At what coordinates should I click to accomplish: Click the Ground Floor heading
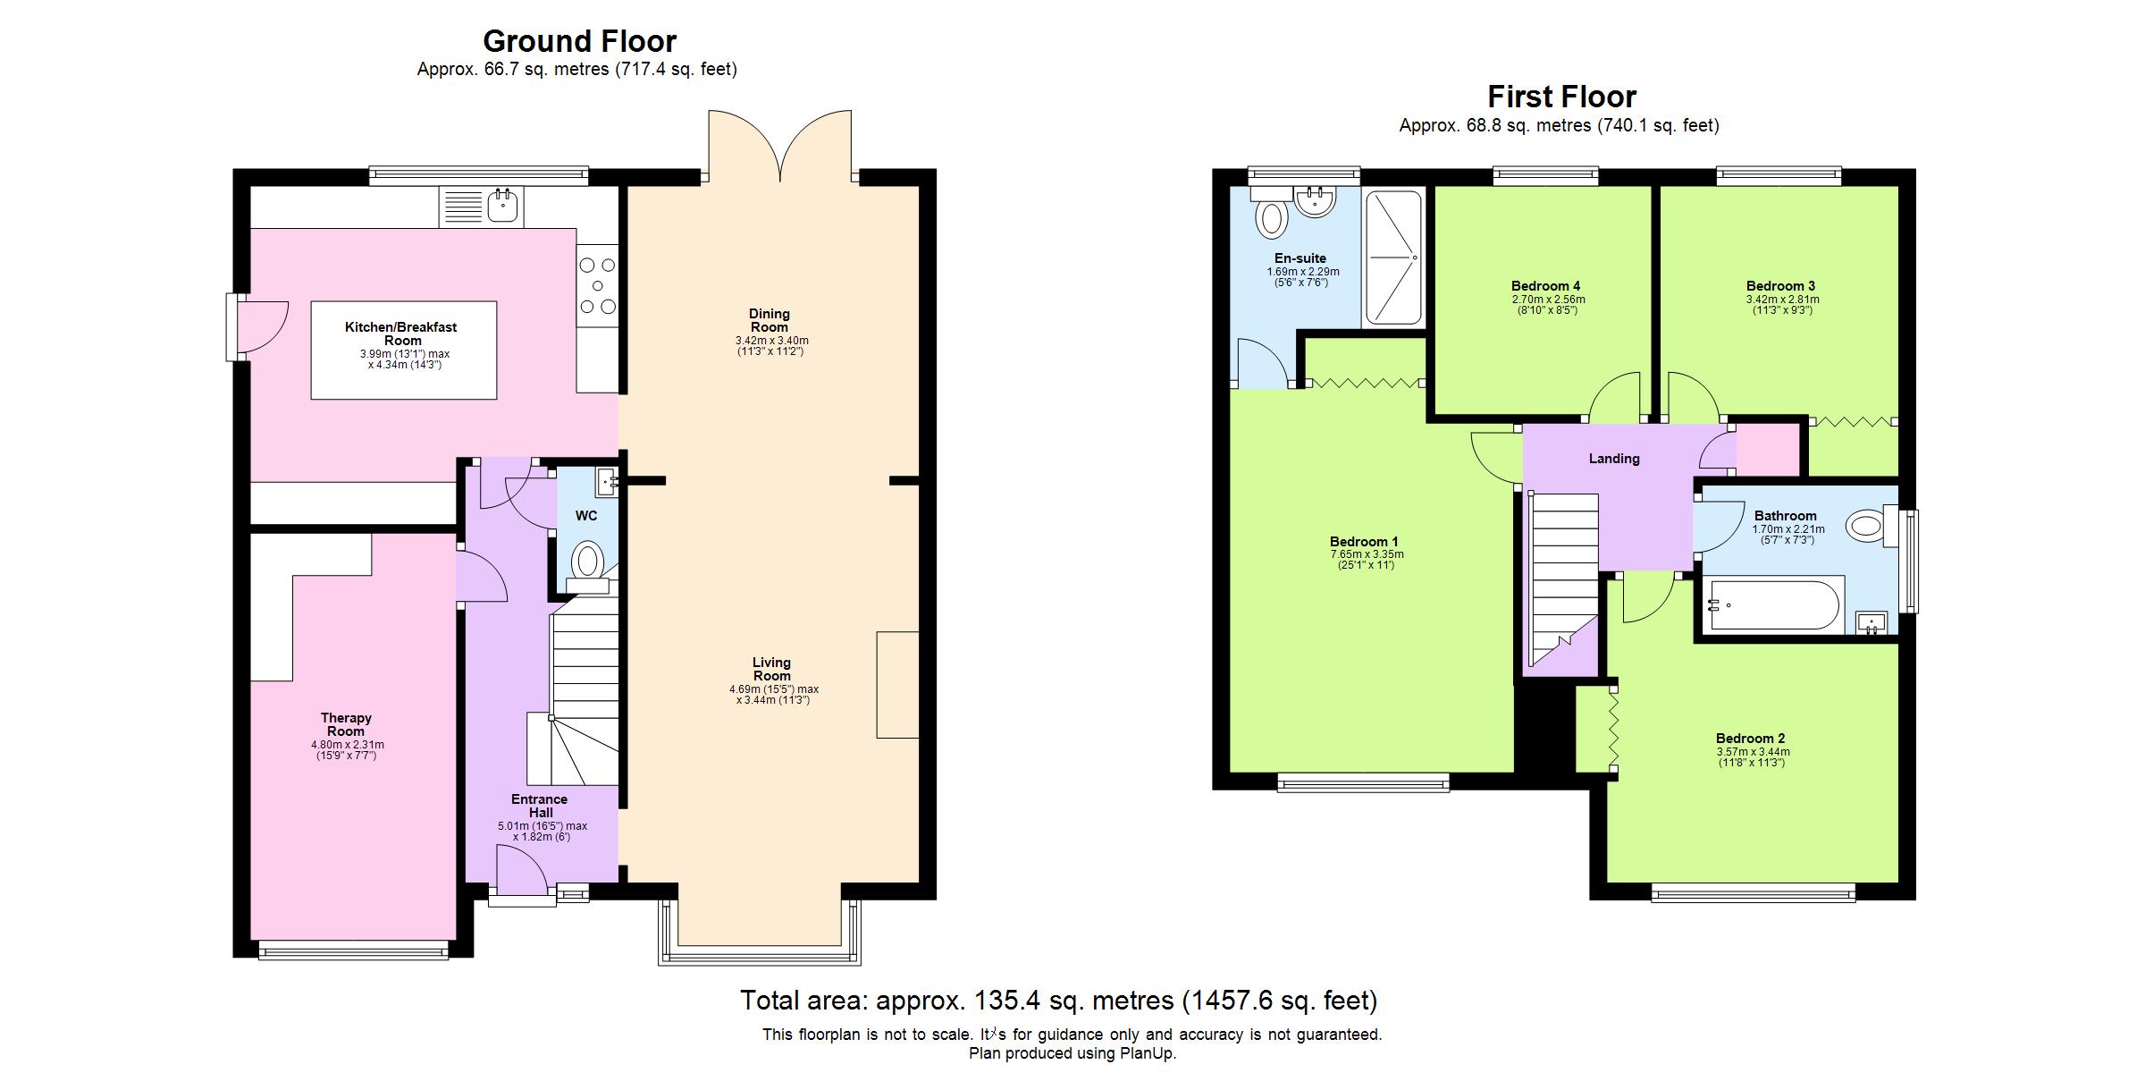(x=579, y=41)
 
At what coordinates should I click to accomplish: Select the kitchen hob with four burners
(x=598, y=285)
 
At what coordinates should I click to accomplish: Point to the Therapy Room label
(x=346, y=724)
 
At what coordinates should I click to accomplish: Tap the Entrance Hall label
(x=540, y=806)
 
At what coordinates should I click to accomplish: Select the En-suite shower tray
(x=1392, y=258)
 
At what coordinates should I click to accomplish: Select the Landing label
(x=1613, y=459)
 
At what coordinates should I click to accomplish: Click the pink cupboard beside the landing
(x=1767, y=450)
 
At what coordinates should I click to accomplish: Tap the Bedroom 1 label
(x=1363, y=542)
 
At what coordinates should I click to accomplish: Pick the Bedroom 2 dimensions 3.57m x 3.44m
(x=1753, y=752)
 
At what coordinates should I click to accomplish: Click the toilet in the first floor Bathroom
(x=1865, y=525)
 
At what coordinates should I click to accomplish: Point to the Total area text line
(x=1058, y=1000)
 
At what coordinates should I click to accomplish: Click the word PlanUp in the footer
(x=1149, y=1053)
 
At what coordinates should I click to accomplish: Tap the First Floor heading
(x=1561, y=97)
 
